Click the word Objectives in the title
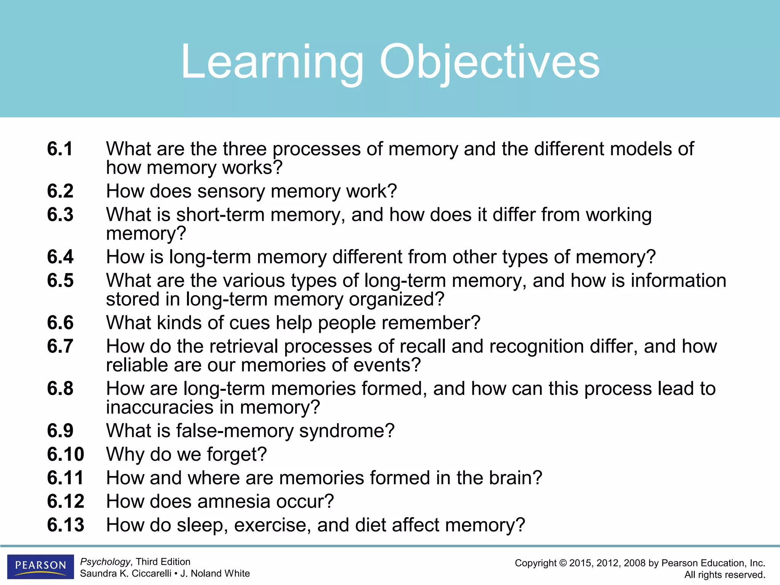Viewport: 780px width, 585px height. pos(489,62)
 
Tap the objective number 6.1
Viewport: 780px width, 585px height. pos(60,149)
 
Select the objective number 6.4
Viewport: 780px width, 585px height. pos(60,257)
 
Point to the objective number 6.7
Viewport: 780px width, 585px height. pos(60,346)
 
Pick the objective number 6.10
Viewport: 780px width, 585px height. pos(66,454)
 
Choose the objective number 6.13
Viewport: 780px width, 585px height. pos(66,525)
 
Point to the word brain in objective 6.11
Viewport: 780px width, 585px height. pos(515,478)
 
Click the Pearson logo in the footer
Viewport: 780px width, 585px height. pos(40,566)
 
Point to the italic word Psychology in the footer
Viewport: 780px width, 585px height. pos(105,562)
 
